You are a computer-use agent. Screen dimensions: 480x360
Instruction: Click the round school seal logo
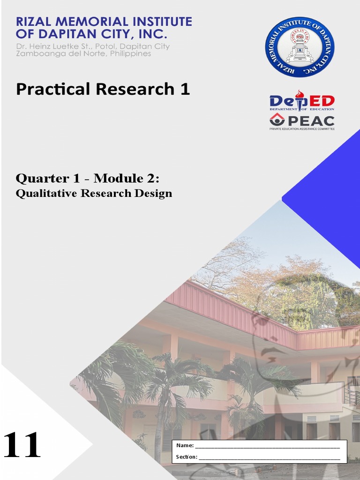(300, 46)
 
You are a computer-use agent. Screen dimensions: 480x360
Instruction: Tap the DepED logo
(302, 101)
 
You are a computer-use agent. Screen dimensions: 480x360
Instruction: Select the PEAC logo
(302, 121)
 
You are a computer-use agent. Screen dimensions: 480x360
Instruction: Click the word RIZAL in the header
(36, 22)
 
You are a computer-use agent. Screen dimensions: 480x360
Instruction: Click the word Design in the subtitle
(155, 194)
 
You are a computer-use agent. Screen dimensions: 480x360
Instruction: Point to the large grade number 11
(22, 445)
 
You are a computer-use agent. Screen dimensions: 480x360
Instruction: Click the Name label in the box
(184, 445)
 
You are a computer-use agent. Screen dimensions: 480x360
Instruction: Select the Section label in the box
(186, 457)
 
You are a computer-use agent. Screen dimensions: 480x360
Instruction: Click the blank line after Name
(267, 446)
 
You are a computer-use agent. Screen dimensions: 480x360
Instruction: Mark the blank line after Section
(269, 457)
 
